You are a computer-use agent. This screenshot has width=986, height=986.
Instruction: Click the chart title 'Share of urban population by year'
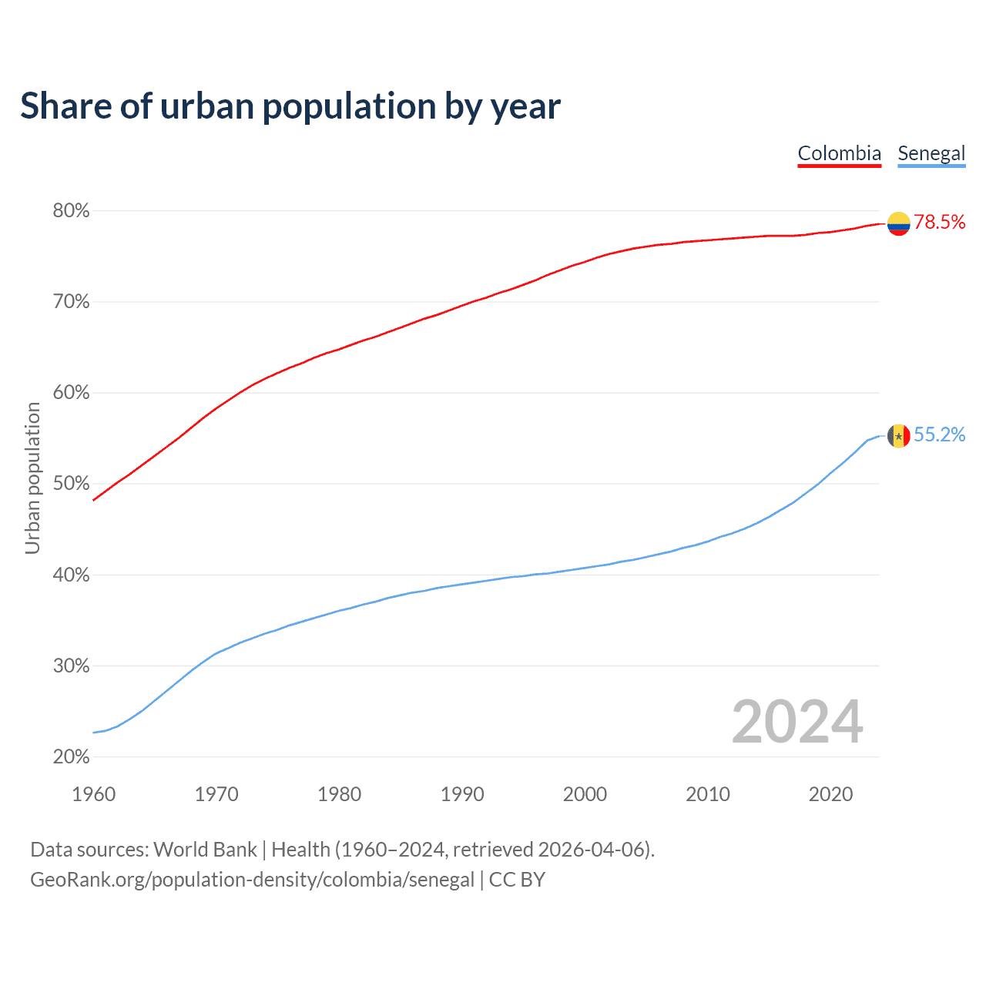290,106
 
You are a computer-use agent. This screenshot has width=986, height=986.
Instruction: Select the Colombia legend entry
839,153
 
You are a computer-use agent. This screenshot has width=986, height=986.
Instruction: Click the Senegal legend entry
931,153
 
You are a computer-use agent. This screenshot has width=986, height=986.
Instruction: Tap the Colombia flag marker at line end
899,223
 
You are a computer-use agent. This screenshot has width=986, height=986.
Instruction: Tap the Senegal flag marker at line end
899,436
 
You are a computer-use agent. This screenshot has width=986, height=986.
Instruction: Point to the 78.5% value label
939,223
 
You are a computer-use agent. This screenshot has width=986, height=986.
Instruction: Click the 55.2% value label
939,435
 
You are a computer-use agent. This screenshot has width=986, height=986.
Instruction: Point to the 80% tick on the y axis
71,211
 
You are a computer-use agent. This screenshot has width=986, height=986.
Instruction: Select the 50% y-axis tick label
71,484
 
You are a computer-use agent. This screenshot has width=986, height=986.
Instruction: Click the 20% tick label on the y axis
71,757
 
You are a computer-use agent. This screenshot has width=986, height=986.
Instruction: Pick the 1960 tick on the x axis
93,794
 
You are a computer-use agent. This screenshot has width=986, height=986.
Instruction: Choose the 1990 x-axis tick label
462,794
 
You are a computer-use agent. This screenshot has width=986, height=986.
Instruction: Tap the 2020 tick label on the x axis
830,794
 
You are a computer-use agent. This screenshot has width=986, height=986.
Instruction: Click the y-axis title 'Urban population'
32,478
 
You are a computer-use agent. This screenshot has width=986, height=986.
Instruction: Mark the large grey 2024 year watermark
797,723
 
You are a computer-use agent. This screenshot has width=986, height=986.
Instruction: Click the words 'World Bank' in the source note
205,850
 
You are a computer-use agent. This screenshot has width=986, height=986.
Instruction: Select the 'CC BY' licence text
517,880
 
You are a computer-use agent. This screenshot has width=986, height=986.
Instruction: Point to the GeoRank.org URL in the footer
252,880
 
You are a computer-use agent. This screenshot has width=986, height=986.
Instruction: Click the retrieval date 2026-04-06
593,850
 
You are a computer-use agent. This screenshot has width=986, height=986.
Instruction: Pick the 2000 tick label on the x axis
585,794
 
